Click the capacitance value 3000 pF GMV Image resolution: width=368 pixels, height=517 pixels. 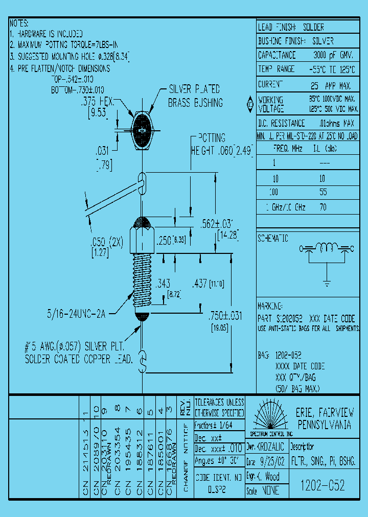(333, 55)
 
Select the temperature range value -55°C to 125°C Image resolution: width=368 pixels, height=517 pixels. (333, 69)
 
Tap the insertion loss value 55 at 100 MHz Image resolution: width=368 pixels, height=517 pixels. (323, 193)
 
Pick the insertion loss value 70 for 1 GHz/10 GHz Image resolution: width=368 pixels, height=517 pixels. (323, 207)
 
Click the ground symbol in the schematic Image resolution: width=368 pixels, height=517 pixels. (326, 280)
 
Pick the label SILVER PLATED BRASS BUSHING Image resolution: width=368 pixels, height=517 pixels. (195, 96)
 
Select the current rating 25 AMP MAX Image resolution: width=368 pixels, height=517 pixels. (331, 85)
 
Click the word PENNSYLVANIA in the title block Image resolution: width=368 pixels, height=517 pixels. (324, 425)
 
